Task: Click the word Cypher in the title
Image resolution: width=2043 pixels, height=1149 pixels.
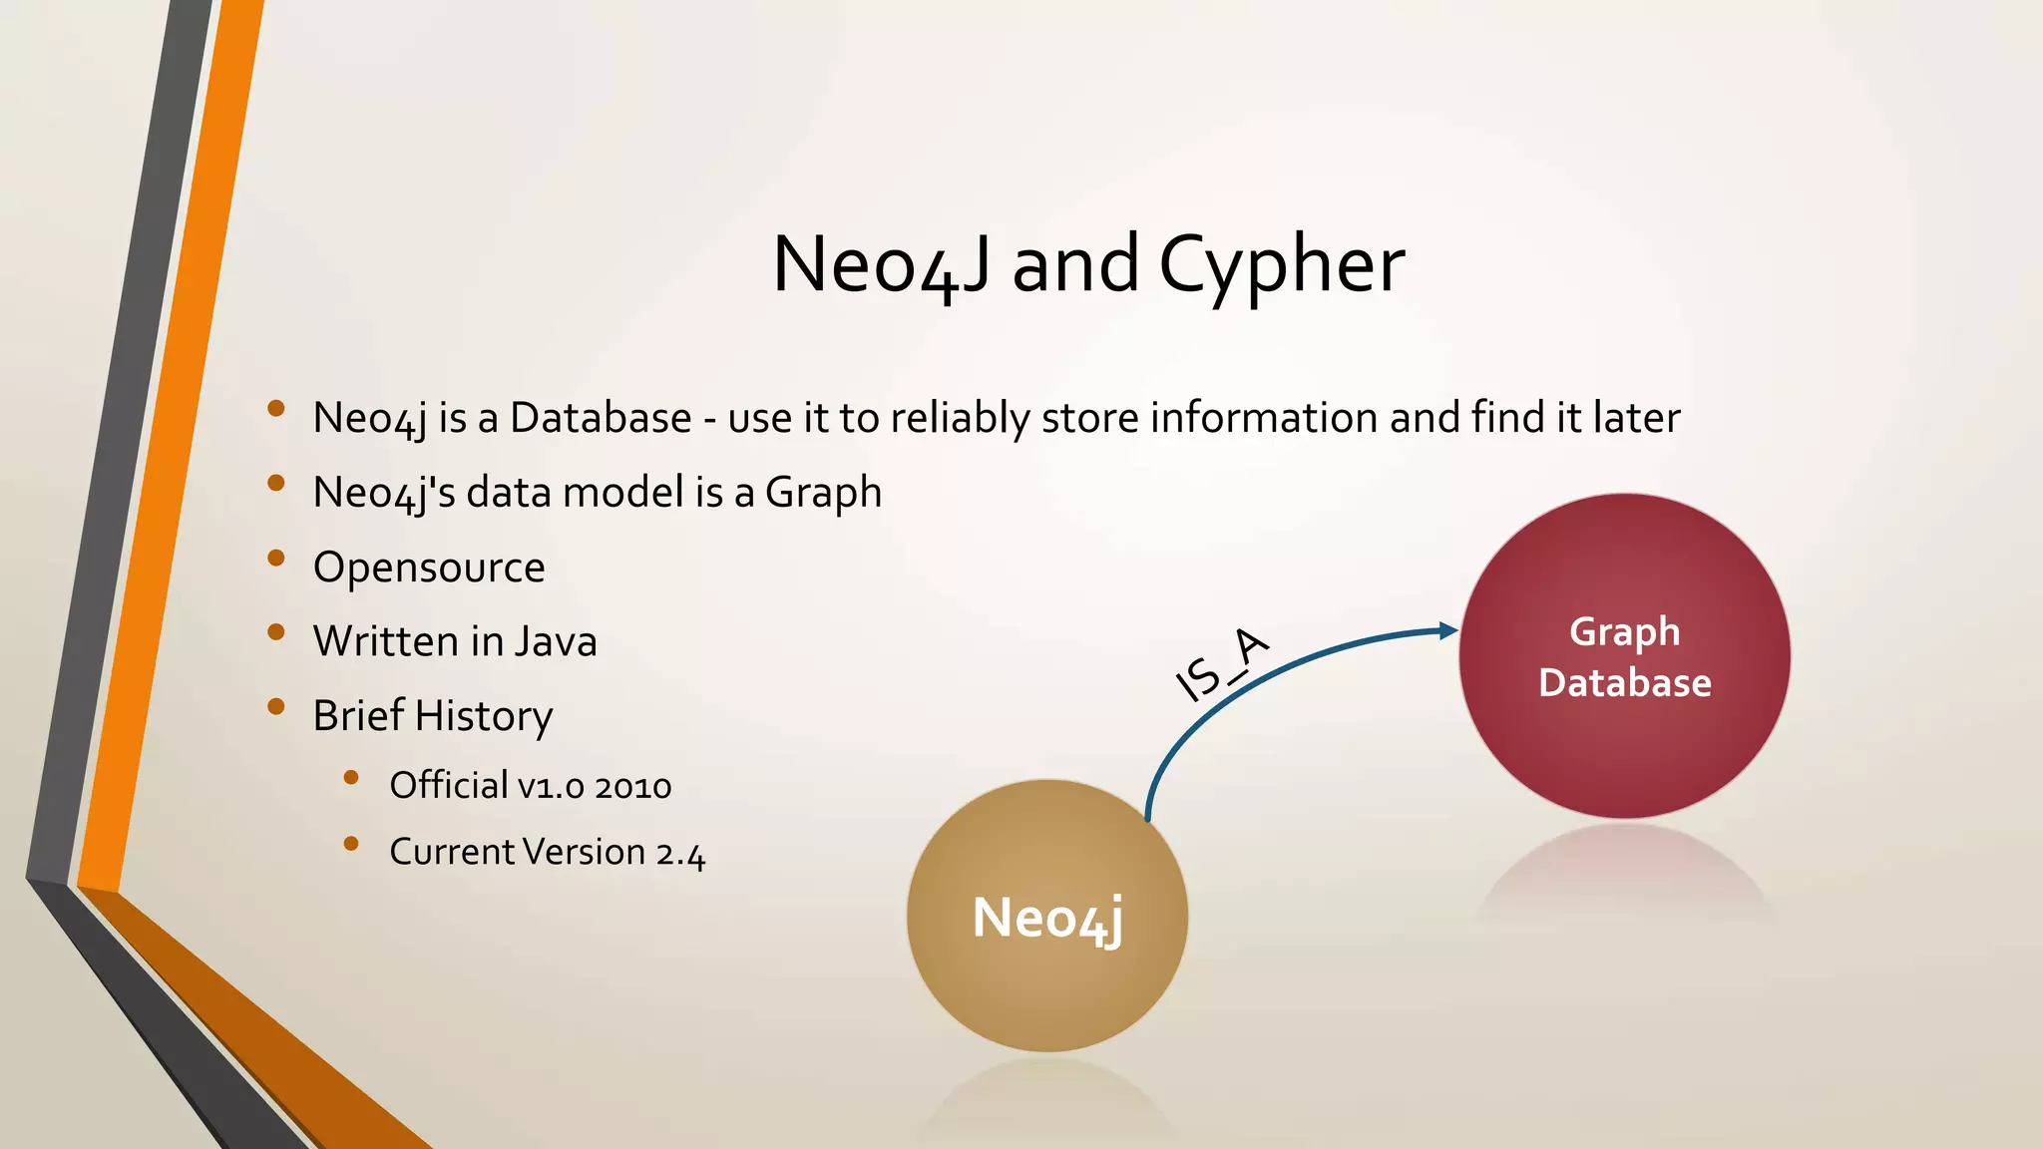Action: click(1281, 265)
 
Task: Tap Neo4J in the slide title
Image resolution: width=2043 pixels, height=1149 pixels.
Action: click(882, 265)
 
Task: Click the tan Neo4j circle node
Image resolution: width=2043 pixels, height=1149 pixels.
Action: click(1047, 916)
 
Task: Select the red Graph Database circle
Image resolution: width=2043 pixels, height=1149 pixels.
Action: click(1624, 656)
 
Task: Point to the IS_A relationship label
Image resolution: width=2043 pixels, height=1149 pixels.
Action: click(1222, 665)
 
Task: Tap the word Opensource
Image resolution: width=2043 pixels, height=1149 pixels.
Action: click(429, 568)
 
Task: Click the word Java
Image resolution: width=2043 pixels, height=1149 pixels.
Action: click(555, 641)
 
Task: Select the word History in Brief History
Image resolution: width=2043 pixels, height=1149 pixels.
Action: click(484, 716)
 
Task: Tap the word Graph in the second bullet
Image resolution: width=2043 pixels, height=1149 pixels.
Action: click(823, 493)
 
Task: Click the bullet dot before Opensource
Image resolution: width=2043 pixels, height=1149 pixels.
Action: click(276, 559)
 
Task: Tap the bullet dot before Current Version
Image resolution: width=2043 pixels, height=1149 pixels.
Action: click(350, 844)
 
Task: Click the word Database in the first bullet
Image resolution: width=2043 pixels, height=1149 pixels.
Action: click(601, 418)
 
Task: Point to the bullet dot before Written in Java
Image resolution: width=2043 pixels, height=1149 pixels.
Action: click(276, 632)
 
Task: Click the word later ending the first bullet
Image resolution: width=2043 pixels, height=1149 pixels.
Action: click(1636, 418)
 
